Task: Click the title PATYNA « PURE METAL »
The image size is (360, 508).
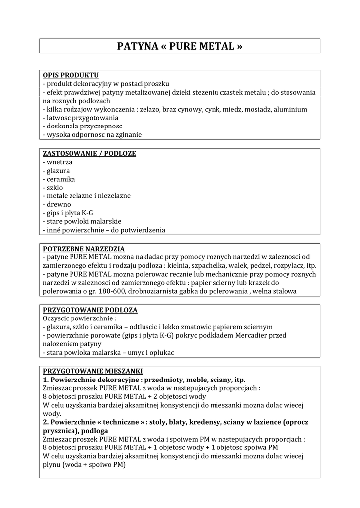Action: [180, 46]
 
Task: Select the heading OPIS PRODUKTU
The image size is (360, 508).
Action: [71, 75]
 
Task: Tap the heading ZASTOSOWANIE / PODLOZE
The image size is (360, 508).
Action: [89, 153]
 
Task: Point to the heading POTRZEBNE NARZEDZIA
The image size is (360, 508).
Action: [83, 249]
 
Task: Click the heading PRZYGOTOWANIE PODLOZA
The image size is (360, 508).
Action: [90, 310]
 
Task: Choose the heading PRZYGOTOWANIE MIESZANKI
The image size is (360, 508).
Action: [93, 371]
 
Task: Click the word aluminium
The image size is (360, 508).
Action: [289, 109]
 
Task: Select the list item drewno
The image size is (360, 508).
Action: [59, 204]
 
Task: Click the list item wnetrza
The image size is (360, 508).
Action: [59, 162]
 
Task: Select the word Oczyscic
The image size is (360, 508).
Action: [58, 318]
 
